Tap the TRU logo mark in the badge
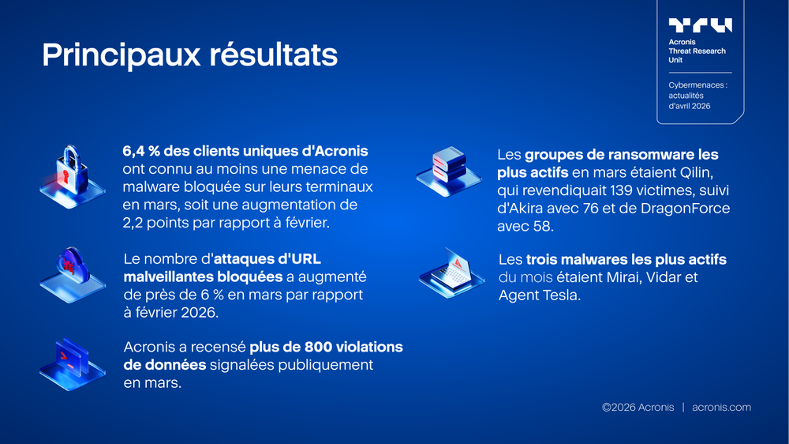[x=700, y=25]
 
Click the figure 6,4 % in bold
[x=142, y=150]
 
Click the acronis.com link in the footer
[x=721, y=407]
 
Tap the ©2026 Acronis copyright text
[x=638, y=407]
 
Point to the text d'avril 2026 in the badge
[x=689, y=106]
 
